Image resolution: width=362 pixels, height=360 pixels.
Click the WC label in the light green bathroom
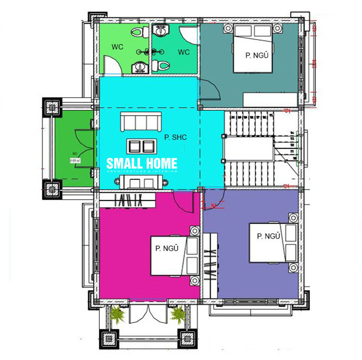pyautogui.click(x=117, y=47)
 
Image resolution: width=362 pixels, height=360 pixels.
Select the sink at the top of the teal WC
pyautogui.click(x=160, y=30)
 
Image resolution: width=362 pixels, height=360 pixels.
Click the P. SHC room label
pyautogui.click(x=176, y=137)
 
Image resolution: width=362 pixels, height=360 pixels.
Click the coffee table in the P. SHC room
pyautogui.click(x=141, y=146)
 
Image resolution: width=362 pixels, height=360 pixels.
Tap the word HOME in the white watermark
pyautogui.click(x=159, y=163)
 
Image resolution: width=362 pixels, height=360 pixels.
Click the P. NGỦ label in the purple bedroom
pyautogui.click(x=269, y=236)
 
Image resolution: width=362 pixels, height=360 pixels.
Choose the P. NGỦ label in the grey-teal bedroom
pyautogui.click(x=257, y=55)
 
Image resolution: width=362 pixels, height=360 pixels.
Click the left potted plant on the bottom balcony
pyautogui.click(x=117, y=314)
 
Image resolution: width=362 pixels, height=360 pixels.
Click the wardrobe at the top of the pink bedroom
pyautogui.click(x=128, y=200)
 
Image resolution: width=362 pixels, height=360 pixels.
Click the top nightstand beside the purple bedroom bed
pyautogui.click(x=293, y=218)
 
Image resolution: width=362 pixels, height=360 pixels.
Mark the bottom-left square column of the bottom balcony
pyautogui.click(x=109, y=338)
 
